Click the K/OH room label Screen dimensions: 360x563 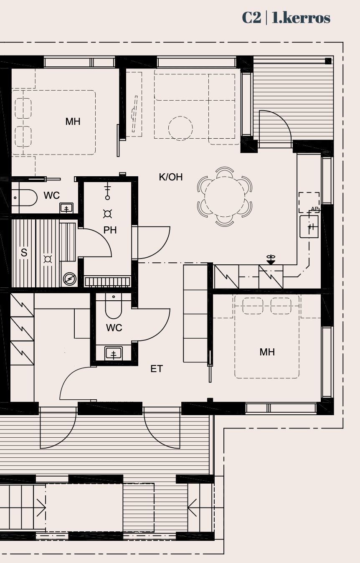pyautogui.click(x=171, y=177)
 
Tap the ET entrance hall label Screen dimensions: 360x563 pyautogui.click(x=157, y=369)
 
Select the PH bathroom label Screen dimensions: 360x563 pyautogui.click(x=110, y=230)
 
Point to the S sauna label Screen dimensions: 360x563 pyautogui.click(x=24, y=252)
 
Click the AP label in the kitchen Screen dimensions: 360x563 pyautogui.click(x=314, y=209)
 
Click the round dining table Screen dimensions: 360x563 pyautogui.click(x=225, y=197)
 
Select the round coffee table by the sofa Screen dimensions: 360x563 pyautogui.click(x=180, y=128)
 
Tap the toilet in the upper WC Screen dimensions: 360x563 pyautogui.click(x=25, y=198)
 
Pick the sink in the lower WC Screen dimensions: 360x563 pyautogui.click(x=114, y=353)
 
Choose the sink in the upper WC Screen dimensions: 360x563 pyautogui.click(x=66, y=208)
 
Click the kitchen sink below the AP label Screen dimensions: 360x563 pyautogui.click(x=309, y=226)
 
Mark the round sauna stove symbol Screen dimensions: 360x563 pyautogui.click(x=69, y=279)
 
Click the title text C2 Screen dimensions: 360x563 pyautogui.click(x=251, y=18)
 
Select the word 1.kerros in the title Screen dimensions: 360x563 pyautogui.click(x=301, y=18)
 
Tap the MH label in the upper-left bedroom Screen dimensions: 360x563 pyautogui.click(x=73, y=122)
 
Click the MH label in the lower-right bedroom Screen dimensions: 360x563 pyautogui.click(x=267, y=352)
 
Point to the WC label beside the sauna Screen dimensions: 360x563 pyautogui.click(x=51, y=195)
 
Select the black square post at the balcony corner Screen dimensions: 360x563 pyautogui.click(x=328, y=61)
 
